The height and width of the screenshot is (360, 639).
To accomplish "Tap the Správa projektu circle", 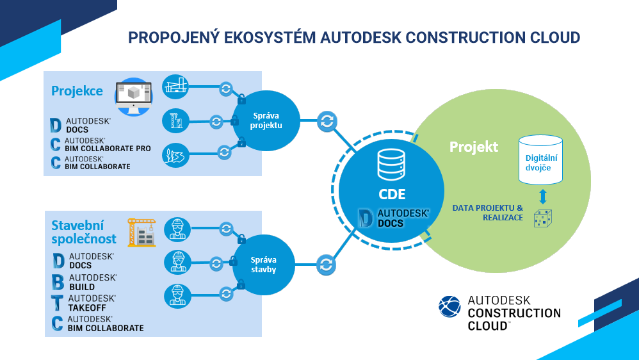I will pyautogui.click(x=266, y=120).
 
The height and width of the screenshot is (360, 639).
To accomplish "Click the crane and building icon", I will pyautogui.click(x=142, y=233).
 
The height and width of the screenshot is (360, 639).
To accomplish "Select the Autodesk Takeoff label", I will pyautogui.click(x=92, y=303).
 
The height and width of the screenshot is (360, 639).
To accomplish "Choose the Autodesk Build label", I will pyautogui.click(x=92, y=282).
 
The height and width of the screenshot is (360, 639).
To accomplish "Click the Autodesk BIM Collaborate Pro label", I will pyautogui.click(x=106, y=145).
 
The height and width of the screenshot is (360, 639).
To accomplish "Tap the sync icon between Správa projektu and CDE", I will pyautogui.click(x=327, y=120).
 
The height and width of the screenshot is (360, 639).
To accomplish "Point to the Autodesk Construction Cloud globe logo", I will pyautogui.click(x=449, y=306).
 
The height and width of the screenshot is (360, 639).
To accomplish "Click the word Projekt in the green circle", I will pyautogui.click(x=474, y=147).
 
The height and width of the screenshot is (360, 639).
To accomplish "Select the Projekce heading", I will pyautogui.click(x=77, y=90).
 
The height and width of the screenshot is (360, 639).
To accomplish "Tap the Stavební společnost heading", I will pyautogui.click(x=84, y=231).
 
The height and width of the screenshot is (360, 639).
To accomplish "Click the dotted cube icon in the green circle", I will pyautogui.click(x=543, y=218).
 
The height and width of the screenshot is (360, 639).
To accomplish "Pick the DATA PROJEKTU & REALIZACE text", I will pyautogui.click(x=487, y=213).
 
